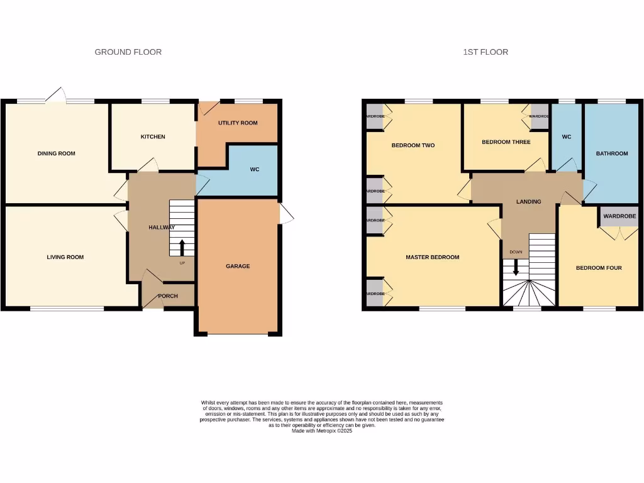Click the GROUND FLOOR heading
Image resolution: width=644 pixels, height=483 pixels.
click(x=128, y=52)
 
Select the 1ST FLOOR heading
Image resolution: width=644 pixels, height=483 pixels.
click(x=486, y=52)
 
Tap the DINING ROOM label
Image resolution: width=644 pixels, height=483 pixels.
click(x=56, y=153)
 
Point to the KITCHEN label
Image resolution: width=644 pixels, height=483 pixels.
click(x=153, y=136)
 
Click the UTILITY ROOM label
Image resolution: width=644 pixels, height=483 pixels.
click(x=238, y=123)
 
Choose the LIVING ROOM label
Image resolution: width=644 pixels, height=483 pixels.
click(x=65, y=257)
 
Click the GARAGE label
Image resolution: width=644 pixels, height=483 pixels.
click(x=238, y=266)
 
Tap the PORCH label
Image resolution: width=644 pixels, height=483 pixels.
click(x=168, y=296)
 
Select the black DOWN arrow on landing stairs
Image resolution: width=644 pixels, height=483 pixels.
click(x=516, y=267)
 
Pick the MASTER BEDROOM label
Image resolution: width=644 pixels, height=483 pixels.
click(x=432, y=257)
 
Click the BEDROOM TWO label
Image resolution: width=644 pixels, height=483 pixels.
click(x=413, y=145)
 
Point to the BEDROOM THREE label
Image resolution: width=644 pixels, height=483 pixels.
click(x=506, y=142)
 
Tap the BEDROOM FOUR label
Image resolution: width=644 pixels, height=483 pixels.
click(x=599, y=268)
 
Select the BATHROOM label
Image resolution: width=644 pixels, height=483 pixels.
click(x=612, y=153)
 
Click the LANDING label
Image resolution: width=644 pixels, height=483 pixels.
click(x=528, y=202)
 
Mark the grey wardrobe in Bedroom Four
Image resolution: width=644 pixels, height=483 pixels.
click(x=619, y=216)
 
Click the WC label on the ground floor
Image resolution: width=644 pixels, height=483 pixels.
click(x=254, y=170)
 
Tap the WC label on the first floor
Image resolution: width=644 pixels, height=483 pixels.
click(x=567, y=136)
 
